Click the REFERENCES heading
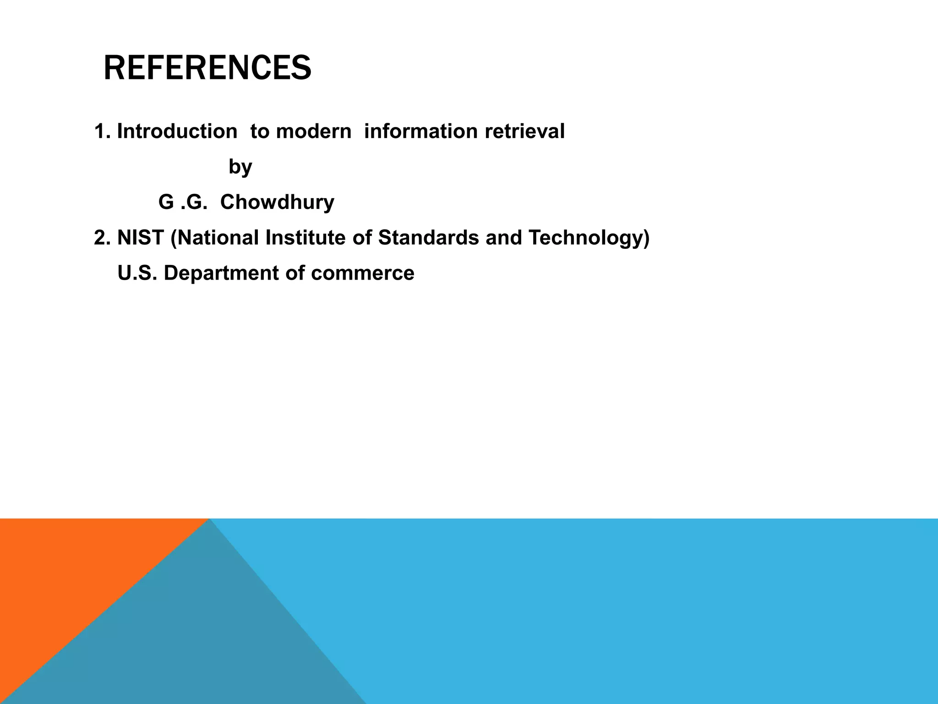click(x=207, y=68)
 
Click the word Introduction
click(x=177, y=132)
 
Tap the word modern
click(x=314, y=132)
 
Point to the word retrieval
click(x=524, y=132)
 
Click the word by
click(x=240, y=167)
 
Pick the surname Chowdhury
click(x=277, y=202)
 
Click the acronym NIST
click(x=141, y=238)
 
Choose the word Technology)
click(x=589, y=238)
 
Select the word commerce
click(x=362, y=273)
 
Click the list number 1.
click(x=102, y=132)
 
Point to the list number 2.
click(x=102, y=238)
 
